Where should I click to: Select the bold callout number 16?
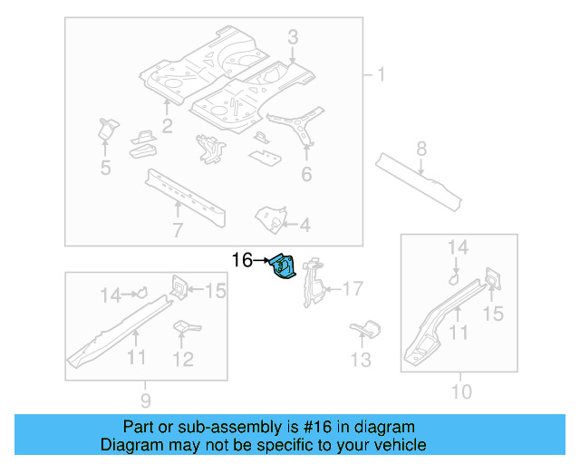tap(242, 261)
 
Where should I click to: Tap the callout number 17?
tap(352, 289)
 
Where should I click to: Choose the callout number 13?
tap(361, 361)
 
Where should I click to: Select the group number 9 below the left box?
tap(146, 400)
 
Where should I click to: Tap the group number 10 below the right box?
tap(461, 391)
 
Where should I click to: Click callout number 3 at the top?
tap(293, 37)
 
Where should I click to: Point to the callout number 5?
tap(105, 167)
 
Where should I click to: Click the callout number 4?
tap(304, 225)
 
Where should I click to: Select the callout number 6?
tap(306, 173)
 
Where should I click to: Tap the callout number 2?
tap(167, 124)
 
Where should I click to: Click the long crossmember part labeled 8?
tap(419, 177)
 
